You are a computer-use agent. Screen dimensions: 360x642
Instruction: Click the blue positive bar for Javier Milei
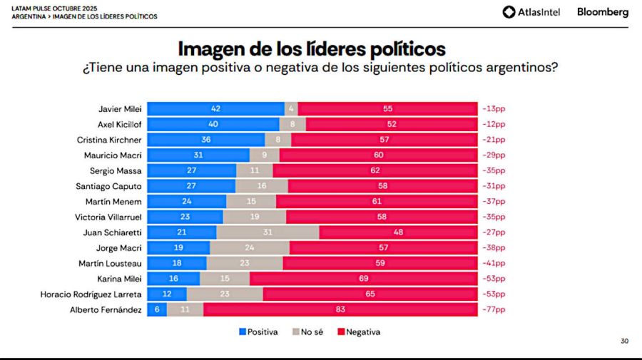coord(215,109)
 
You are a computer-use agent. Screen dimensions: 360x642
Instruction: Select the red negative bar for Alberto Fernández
coord(340,310)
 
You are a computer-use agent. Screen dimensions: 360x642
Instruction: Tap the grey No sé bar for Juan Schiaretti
coord(267,232)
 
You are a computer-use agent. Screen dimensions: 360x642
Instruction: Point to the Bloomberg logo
coord(602,12)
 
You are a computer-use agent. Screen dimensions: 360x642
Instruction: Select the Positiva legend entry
coord(258,331)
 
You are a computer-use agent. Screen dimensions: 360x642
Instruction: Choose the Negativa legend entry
coord(359,331)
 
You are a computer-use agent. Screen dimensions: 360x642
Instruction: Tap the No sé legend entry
coord(307,331)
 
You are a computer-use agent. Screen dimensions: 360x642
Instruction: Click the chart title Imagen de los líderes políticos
coord(312,49)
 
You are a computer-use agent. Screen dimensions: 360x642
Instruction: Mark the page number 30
coord(624,341)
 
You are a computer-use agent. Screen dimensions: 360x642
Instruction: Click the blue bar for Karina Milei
coord(173,279)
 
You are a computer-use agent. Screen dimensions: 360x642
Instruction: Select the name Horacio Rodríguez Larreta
coord(96,294)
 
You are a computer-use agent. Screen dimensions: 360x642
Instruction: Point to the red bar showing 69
coord(363,279)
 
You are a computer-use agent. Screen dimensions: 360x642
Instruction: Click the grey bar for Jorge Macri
coord(250,248)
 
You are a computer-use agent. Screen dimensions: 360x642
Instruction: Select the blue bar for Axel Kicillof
coord(213,124)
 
